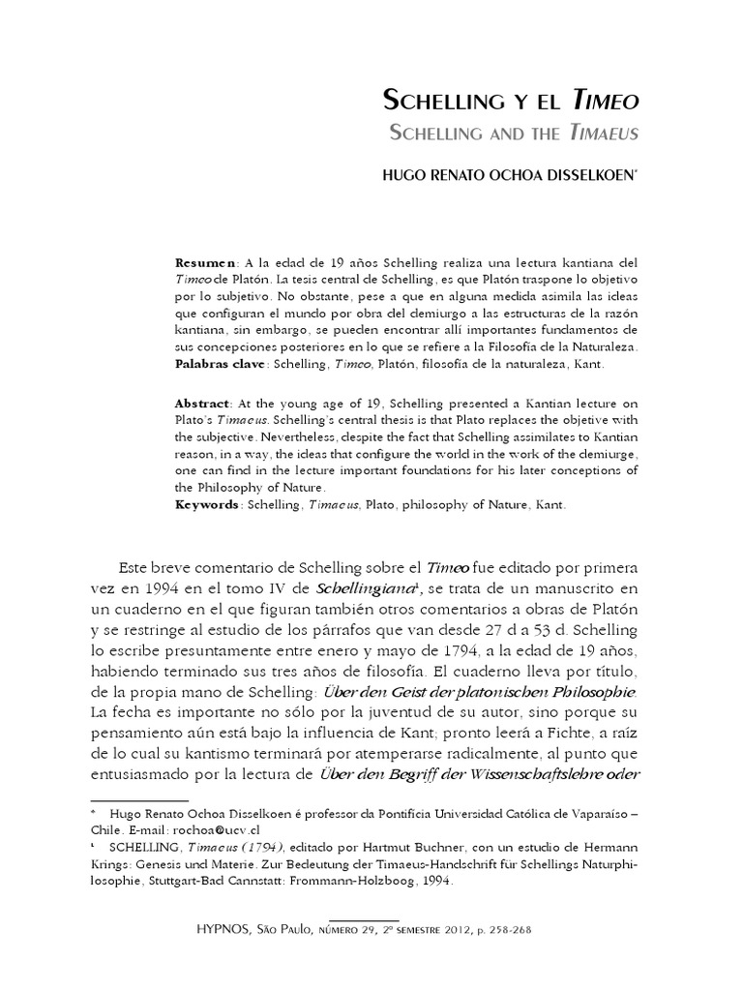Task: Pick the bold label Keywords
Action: (x=208, y=505)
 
